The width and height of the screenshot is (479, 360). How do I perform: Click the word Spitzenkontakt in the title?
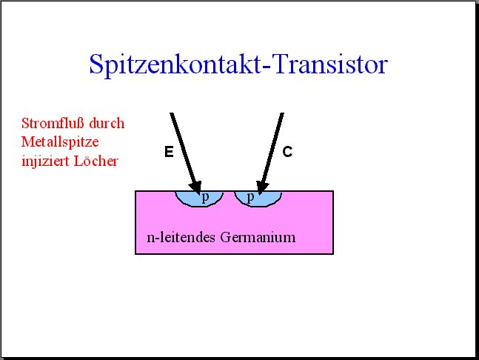(x=175, y=64)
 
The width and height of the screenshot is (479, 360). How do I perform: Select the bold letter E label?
(x=169, y=152)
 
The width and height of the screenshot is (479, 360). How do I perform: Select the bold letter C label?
(x=287, y=152)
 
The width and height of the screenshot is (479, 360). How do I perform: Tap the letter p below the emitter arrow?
(x=206, y=198)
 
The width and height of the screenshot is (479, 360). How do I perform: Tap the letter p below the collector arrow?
(x=250, y=198)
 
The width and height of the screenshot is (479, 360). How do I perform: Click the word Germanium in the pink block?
(x=258, y=237)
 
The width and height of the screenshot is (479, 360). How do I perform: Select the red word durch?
(x=107, y=123)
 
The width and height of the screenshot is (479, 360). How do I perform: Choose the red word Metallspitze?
(x=60, y=142)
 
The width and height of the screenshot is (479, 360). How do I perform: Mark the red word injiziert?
(x=45, y=161)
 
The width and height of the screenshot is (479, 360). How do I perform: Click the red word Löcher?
(x=96, y=161)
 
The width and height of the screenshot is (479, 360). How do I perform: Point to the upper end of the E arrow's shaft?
(x=172, y=113)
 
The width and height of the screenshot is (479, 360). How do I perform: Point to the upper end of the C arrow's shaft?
(x=282, y=113)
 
